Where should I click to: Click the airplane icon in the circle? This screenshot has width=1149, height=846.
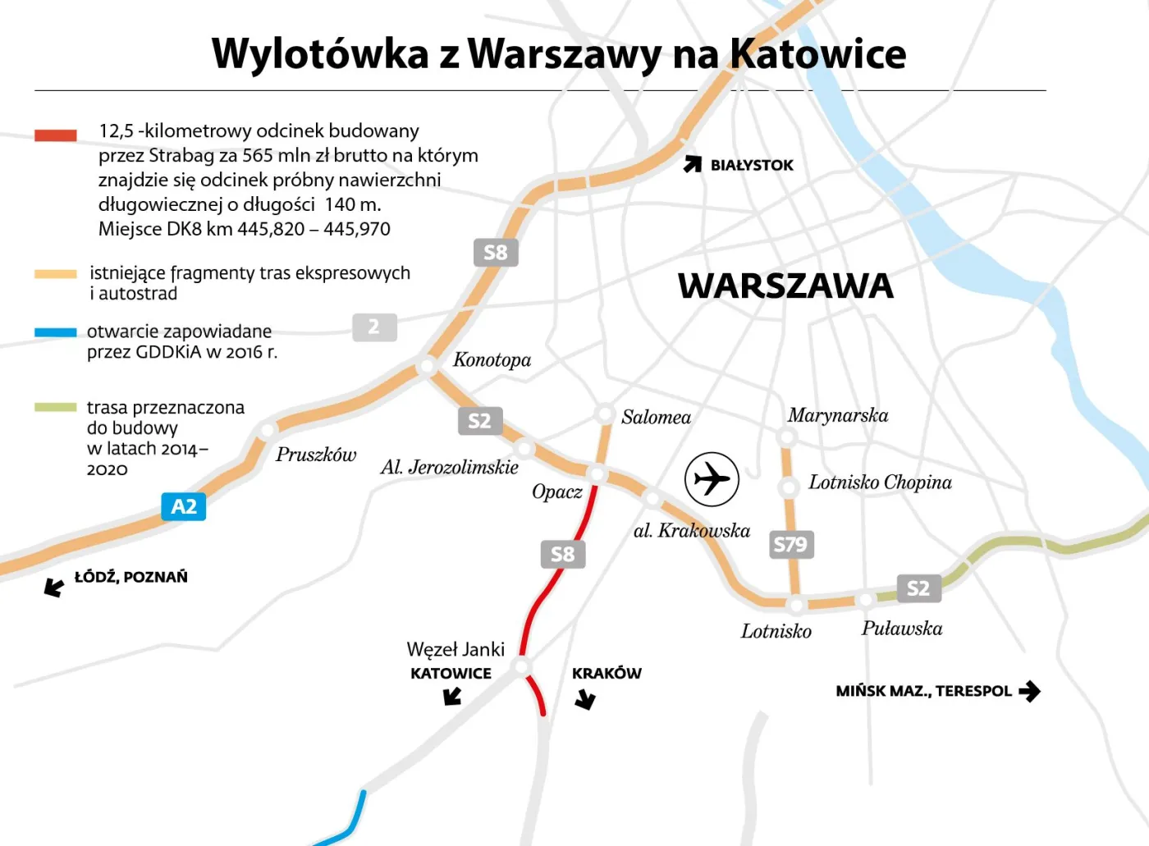tap(712, 479)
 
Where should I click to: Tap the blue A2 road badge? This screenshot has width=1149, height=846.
tap(184, 507)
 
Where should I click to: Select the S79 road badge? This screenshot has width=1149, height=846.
tap(791, 545)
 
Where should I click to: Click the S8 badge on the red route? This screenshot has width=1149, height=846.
tap(562, 555)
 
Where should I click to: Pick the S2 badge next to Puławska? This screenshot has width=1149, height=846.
tap(918, 588)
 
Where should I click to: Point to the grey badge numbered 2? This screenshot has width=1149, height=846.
tap(374, 327)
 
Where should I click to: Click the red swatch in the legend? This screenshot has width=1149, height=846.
tap(56, 135)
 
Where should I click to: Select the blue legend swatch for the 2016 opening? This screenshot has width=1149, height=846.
tap(56, 332)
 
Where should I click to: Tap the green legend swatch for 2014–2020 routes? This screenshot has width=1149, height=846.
tap(56, 407)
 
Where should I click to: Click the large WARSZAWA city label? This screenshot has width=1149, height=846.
tap(785, 286)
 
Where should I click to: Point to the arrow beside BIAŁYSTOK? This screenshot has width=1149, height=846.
tap(693, 164)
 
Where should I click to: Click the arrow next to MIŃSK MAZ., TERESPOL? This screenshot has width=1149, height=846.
tap(1029, 691)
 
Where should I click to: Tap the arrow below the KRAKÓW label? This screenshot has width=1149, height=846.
tap(585, 699)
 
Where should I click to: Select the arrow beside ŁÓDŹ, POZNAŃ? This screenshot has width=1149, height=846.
tap(54, 587)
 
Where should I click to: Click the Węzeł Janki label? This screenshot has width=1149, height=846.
tap(455, 649)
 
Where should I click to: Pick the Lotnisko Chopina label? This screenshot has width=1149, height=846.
tap(880, 482)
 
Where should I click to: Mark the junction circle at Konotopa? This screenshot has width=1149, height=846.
tap(427, 366)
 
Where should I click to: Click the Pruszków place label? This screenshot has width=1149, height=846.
tap(316, 455)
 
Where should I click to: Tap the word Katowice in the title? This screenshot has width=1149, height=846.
tap(817, 54)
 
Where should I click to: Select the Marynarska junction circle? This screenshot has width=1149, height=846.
tap(788, 437)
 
